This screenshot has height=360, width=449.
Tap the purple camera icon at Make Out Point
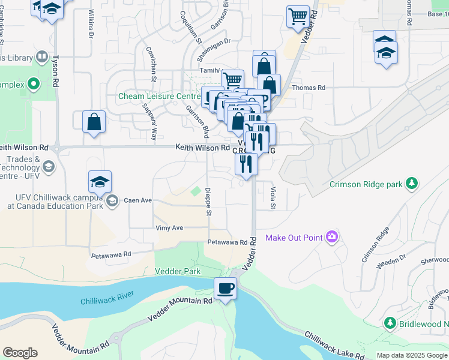(331, 238)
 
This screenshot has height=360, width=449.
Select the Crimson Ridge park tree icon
(412, 184)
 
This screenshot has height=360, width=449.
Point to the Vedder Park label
(178, 271)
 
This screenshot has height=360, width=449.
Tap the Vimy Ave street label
(169, 228)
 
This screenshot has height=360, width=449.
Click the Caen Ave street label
(137, 200)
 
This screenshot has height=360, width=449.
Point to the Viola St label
(273, 198)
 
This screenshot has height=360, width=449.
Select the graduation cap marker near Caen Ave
(100, 181)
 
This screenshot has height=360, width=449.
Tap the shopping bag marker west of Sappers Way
(94, 122)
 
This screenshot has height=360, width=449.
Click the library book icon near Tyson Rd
(41, 57)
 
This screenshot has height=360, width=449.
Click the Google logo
(20, 353)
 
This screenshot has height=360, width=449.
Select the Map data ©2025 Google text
(411, 355)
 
